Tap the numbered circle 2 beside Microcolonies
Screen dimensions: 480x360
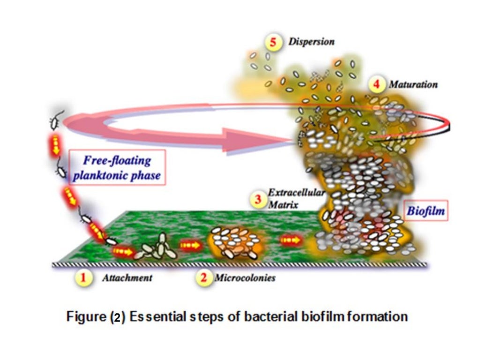[203, 277]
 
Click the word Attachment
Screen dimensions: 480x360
[127, 278]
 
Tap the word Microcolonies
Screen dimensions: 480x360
[245, 278]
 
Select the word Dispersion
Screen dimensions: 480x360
[311, 42]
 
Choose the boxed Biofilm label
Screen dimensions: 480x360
[425, 211]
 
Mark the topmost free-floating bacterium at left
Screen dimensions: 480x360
[55, 122]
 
